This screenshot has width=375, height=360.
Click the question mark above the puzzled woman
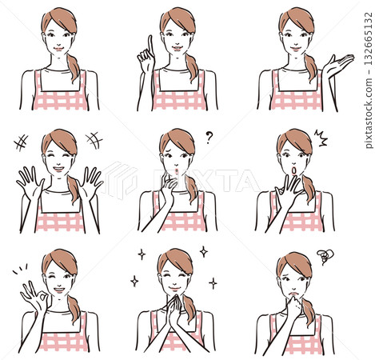tap(209, 137)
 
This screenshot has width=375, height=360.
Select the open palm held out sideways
tap(337, 65)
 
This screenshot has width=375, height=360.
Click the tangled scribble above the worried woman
tap(324, 256)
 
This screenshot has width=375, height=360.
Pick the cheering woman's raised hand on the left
tap(30, 182)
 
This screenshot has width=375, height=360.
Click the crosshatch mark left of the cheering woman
tap(21, 142)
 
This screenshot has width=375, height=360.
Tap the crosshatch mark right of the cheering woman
tap(94, 140)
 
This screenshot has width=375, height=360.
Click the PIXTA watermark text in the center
tap(184, 180)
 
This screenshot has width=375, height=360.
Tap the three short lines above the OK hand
tap(21, 268)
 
